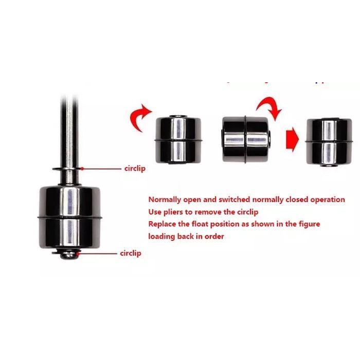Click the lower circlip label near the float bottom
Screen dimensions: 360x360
click(x=131, y=253)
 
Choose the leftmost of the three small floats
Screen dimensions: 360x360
click(x=178, y=140)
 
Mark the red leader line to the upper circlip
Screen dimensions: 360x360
click(x=101, y=168)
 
